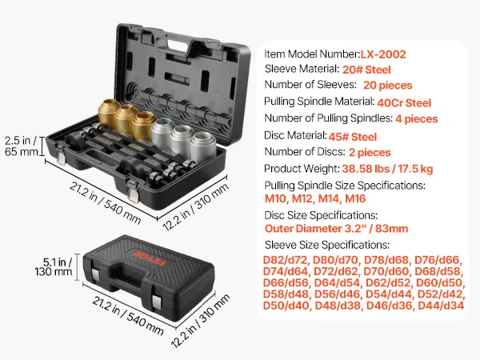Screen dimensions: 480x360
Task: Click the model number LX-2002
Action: (383, 54)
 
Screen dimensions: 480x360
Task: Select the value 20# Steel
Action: (366, 70)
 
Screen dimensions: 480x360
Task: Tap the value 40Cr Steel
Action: (404, 103)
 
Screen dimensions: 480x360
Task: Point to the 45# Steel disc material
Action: (352, 137)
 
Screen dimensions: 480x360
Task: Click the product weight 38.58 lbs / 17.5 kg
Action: (387, 169)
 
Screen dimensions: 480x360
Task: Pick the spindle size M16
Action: (355, 198)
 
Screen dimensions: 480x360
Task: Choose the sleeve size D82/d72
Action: (285, 260)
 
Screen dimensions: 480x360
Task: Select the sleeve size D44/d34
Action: (441, 306)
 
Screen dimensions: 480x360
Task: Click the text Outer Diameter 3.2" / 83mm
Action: (336, 229)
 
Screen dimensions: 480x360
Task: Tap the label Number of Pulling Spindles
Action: (329, 118)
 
